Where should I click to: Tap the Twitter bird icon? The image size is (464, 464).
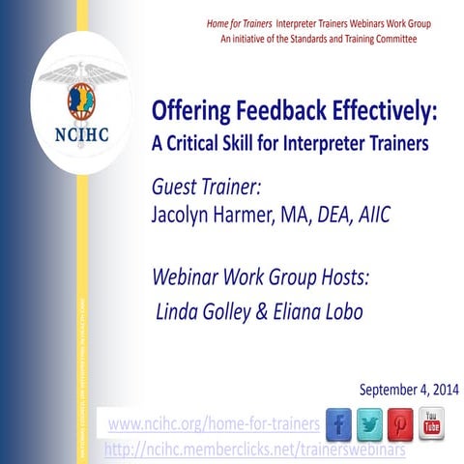click(370, 423)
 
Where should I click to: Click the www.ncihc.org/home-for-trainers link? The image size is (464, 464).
click(214, 424)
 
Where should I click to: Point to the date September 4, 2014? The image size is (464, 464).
click(409, 390)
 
